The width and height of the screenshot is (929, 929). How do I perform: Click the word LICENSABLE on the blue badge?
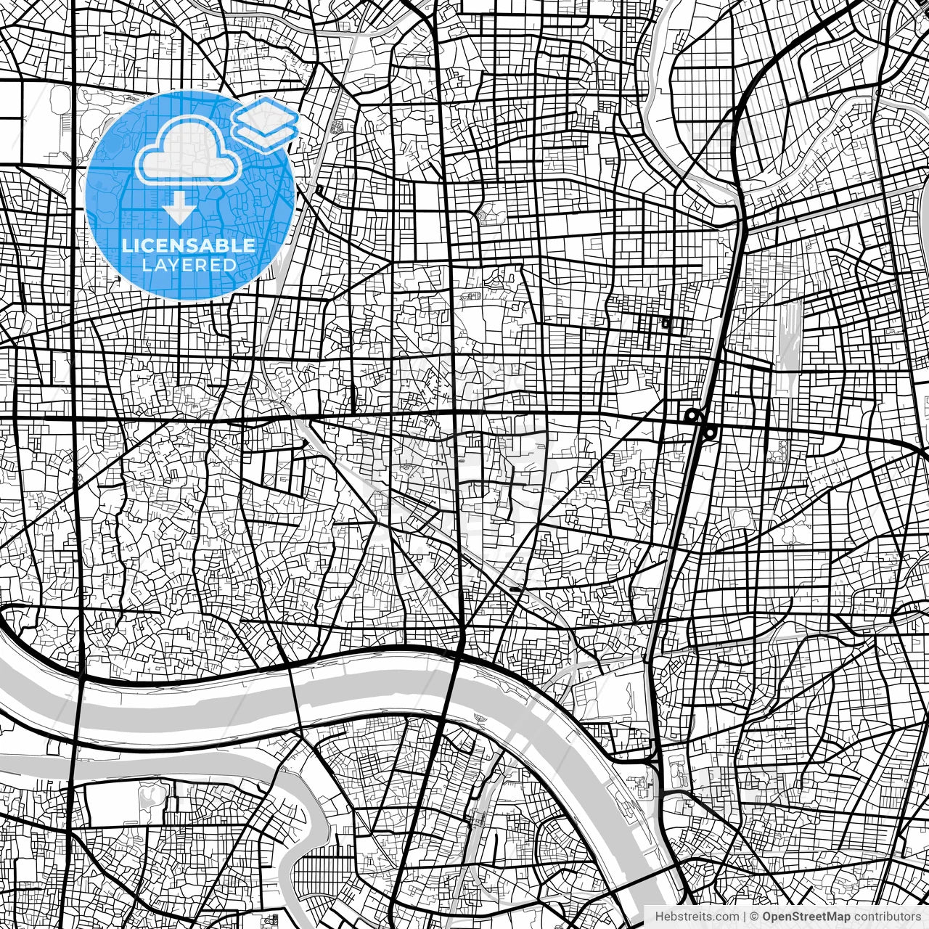click(x=189, y=245)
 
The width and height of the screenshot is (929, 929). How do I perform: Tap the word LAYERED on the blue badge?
click(x=189, y=265)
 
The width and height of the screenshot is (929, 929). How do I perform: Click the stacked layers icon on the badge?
click(x=266, y=123)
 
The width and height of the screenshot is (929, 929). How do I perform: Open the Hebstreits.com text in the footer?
click(x=697, y=917)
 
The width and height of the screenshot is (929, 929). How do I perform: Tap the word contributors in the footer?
click(x=887, y=917)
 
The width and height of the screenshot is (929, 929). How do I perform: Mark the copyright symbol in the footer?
click(x=755, y=917)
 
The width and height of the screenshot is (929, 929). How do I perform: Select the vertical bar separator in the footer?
click(x=745, y=917)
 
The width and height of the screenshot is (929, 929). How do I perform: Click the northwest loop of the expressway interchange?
click(x=692, y=416)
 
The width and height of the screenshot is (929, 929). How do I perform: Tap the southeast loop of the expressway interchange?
click(x=710, y=433)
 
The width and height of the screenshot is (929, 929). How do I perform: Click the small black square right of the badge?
click(x=320, y=190)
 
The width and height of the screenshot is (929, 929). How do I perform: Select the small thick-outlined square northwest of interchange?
click(x=666, y=323)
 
